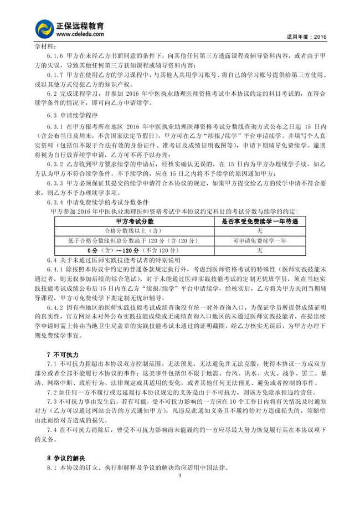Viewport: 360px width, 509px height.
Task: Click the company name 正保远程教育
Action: click(80, 25)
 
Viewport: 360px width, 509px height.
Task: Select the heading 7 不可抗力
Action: click(63, 354)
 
